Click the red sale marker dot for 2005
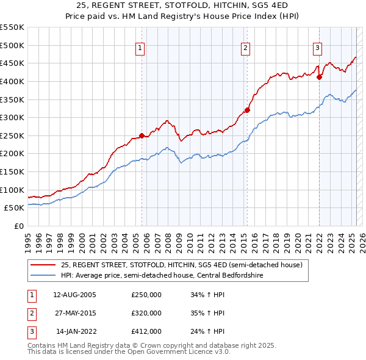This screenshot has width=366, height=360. tap(142, 135)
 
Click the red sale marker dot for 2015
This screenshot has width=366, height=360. tap(247, 110)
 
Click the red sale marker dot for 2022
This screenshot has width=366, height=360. tap(319, 77)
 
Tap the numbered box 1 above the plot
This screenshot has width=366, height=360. tap(140, 48)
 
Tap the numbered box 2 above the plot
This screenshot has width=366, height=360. tap(245, 48)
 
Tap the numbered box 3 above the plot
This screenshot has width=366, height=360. tap(318, 48)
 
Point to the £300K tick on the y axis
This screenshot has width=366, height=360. tap(12, 117)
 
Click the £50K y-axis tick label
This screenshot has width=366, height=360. tap(15, 208)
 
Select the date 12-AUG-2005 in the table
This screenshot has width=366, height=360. tap(75, 295)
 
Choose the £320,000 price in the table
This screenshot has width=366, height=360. tap(146, 313)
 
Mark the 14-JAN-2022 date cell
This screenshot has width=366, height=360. tap(76, 331)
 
